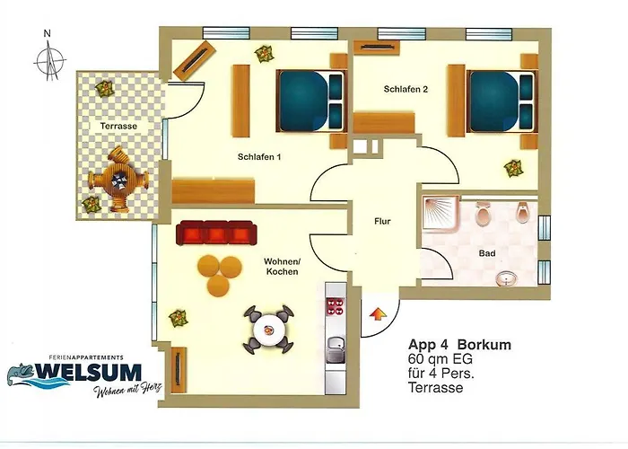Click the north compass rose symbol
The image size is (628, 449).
(x=51, y=59)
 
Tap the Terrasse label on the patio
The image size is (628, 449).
(x=118, y=128)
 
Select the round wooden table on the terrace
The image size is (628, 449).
(x=116, y=183)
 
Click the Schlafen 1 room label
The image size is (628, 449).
(x=259, y=157)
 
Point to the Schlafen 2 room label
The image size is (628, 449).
(x=399, y=90)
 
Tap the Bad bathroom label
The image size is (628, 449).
(x=486, y=254)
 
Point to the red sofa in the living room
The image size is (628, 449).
(x=214, y=233)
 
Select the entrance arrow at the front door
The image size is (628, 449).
(x=379, y=314)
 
